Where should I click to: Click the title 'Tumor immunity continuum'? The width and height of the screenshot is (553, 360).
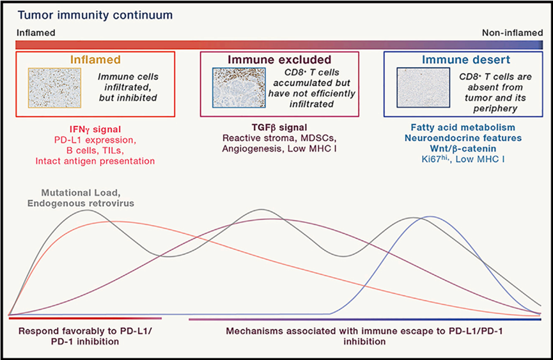95,15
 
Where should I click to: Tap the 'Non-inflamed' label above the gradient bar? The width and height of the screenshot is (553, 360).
513,33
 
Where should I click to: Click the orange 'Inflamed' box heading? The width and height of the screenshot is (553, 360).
95,59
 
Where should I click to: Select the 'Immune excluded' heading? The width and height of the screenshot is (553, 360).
279,59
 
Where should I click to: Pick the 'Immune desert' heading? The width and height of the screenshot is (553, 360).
466,59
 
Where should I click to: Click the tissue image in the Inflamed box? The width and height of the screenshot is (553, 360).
55,88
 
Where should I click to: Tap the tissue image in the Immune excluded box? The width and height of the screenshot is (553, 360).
238,88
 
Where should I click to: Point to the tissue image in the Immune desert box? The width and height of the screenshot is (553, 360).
423,88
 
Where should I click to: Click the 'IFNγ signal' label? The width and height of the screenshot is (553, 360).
95,130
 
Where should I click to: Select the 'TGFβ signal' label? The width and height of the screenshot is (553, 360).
279,128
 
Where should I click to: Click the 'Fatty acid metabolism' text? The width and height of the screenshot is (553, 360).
463,127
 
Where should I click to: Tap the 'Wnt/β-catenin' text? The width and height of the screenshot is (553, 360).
463,148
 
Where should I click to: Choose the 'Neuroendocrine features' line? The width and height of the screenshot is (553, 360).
463,138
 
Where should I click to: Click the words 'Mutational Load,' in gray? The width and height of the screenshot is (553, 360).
81,193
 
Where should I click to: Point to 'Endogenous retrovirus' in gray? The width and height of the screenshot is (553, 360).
81,203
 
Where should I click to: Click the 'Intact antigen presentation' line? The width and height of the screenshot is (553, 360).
95,161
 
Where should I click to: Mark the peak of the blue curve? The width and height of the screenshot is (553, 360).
430,217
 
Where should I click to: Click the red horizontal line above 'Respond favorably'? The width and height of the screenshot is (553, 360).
86,318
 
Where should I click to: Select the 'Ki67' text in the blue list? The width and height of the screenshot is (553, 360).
431,159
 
